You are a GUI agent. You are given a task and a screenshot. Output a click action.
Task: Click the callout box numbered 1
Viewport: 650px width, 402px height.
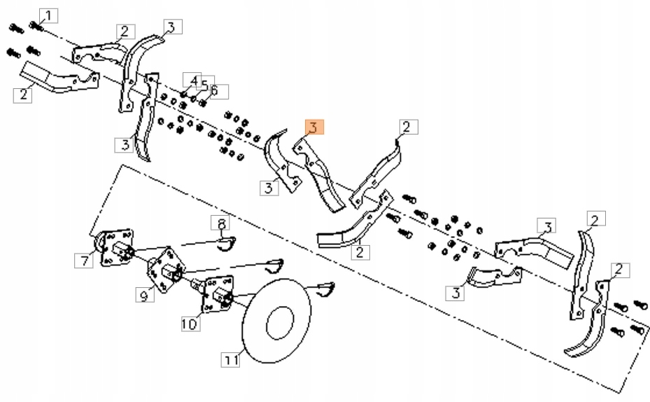(48, 15)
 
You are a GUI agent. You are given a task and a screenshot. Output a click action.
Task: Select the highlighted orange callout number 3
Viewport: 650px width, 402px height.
(313, 127)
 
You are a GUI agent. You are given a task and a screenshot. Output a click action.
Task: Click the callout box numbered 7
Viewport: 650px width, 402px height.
(83, 261)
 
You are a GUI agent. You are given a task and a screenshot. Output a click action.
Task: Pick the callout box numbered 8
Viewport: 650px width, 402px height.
(220, 224)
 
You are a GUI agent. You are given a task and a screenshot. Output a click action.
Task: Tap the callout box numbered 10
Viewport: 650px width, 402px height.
(190, 324)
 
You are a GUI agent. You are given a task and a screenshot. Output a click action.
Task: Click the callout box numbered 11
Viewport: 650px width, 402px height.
(232, 360)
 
